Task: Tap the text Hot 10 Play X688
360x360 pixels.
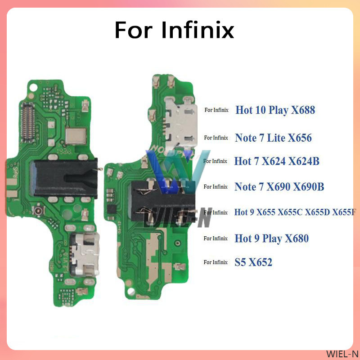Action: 274,110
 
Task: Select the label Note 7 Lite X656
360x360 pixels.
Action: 273,138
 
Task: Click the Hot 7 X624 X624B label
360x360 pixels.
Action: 277,161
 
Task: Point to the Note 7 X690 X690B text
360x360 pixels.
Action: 279,187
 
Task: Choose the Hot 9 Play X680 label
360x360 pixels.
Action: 271,238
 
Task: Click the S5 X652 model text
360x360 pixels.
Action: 253,262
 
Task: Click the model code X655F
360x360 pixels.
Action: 344,212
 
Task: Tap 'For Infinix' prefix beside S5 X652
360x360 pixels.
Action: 216,262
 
